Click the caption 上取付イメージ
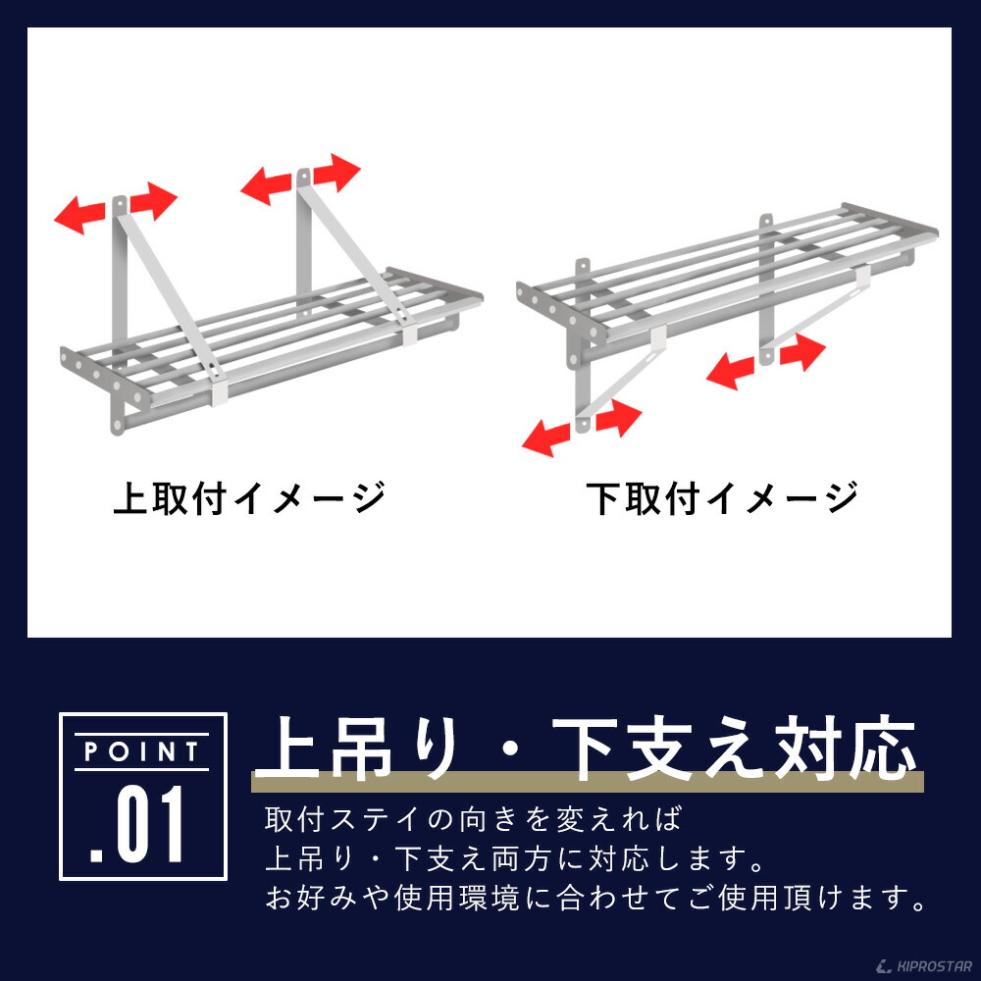(x=248, y=498)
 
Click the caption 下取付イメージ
(x=723, y=498)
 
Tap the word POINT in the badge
(x=142, y=752)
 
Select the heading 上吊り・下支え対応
(x=586, y=748)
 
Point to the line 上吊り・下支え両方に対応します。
(x=515, y=857)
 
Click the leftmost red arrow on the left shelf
(x=78, y=215)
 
